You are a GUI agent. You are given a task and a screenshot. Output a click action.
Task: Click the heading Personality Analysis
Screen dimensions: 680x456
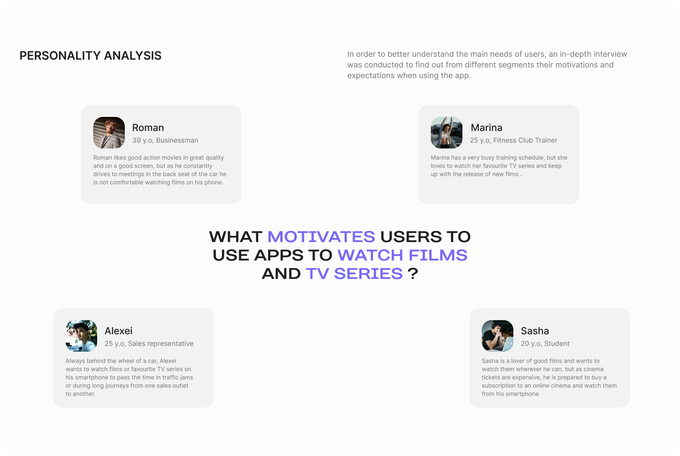pyautogui.click(x=90, y=56)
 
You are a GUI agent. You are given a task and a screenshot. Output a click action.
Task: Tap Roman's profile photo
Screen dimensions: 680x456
pyautogui.click(x=109, y=133)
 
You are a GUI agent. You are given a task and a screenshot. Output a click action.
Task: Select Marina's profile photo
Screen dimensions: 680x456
pyautogui.click(x=447, y=133)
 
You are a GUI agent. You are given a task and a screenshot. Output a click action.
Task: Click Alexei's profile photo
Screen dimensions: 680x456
pyautogui.click(x=81, y=336)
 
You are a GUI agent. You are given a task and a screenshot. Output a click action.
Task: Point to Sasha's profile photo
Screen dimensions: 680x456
pyautogui.click(x=497, y=336)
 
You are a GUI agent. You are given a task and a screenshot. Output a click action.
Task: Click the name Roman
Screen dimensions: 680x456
pyautogui.click(x=148, y=128)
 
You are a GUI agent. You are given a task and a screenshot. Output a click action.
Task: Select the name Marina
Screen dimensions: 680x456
pyautogui.click(x=486, y=128)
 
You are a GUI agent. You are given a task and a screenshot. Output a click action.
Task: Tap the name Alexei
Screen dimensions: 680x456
pyautogui.click(x=119, y=331)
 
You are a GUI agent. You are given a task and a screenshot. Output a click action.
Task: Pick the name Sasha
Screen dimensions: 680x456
pyautogui.click(x=535, y=331)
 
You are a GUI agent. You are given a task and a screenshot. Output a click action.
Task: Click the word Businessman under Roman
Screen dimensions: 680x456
pyautogui.click(x=177, y=140)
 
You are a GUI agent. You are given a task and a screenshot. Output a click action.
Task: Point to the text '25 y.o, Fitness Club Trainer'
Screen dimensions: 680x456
pyautogui.click(x=513, y=140)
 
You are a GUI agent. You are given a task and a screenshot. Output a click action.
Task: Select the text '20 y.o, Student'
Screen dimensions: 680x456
pyautogui.click(x=545, y=344)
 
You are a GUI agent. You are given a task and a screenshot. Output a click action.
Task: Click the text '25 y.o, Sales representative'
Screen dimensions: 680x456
pyautogui.click(x=149, y=344)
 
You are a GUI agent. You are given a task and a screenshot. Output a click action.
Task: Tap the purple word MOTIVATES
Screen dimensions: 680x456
pyautogui.click(x=321, y=237)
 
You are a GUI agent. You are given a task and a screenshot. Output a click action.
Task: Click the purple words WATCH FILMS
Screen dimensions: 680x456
pyautogui.click(x=402, y=255)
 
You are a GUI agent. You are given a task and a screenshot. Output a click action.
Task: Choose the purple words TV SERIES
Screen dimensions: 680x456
pyautogui.click(x=354, y=274)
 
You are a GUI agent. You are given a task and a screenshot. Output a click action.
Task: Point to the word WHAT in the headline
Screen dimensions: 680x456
pyautogui.click(x=236, y=237)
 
